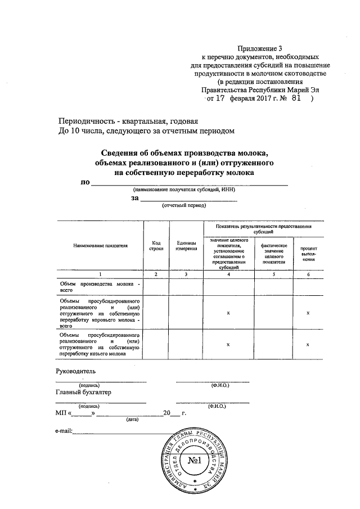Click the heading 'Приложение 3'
pyautogui.click(x=259, y=49)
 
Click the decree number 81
pyautogui.click(x=292, y=97)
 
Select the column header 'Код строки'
pyautogui.click(x=156, y=246)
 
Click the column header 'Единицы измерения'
pyautogui.click(x=186, y=246)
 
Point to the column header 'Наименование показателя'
pyautogui.click(x=100, y=246)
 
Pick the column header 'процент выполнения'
pyautogui.click(x=308, y=254)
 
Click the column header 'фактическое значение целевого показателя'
pyautogui.click(x=273, y=253)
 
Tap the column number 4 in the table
pyautogui.click(x=228, y=273)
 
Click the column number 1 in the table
pyautogui.click(x=100, y=273)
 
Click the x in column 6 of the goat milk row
pyautogui.click(x=309, y=344)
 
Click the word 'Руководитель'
pyautogui.click(x=76, y=371)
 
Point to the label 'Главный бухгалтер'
pyautogui.click(x=84, y=392)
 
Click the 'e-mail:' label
pyautogui.click(x=64, y=431)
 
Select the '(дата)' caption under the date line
pyautogui.click(x=132, y=419)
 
